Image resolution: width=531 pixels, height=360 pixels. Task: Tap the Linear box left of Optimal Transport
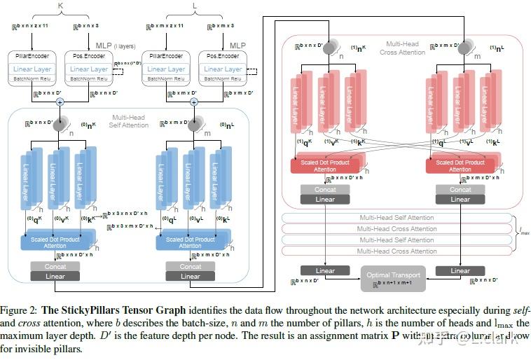coord(325,271)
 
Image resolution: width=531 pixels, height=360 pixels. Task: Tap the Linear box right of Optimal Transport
coord(460,271)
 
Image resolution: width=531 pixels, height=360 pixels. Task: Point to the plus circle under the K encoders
coord(60,102)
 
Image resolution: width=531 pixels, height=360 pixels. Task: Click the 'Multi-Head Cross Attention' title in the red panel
coord(404,48)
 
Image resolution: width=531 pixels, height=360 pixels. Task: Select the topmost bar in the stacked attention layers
coord(396,218)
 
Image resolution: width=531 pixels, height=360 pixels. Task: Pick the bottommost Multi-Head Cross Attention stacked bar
coord(396,251)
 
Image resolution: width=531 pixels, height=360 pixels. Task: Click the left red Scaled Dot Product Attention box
coord(324,166)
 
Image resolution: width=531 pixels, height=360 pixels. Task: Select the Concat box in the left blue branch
coord(55,267)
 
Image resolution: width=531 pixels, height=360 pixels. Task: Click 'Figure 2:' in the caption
coord(20,310)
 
